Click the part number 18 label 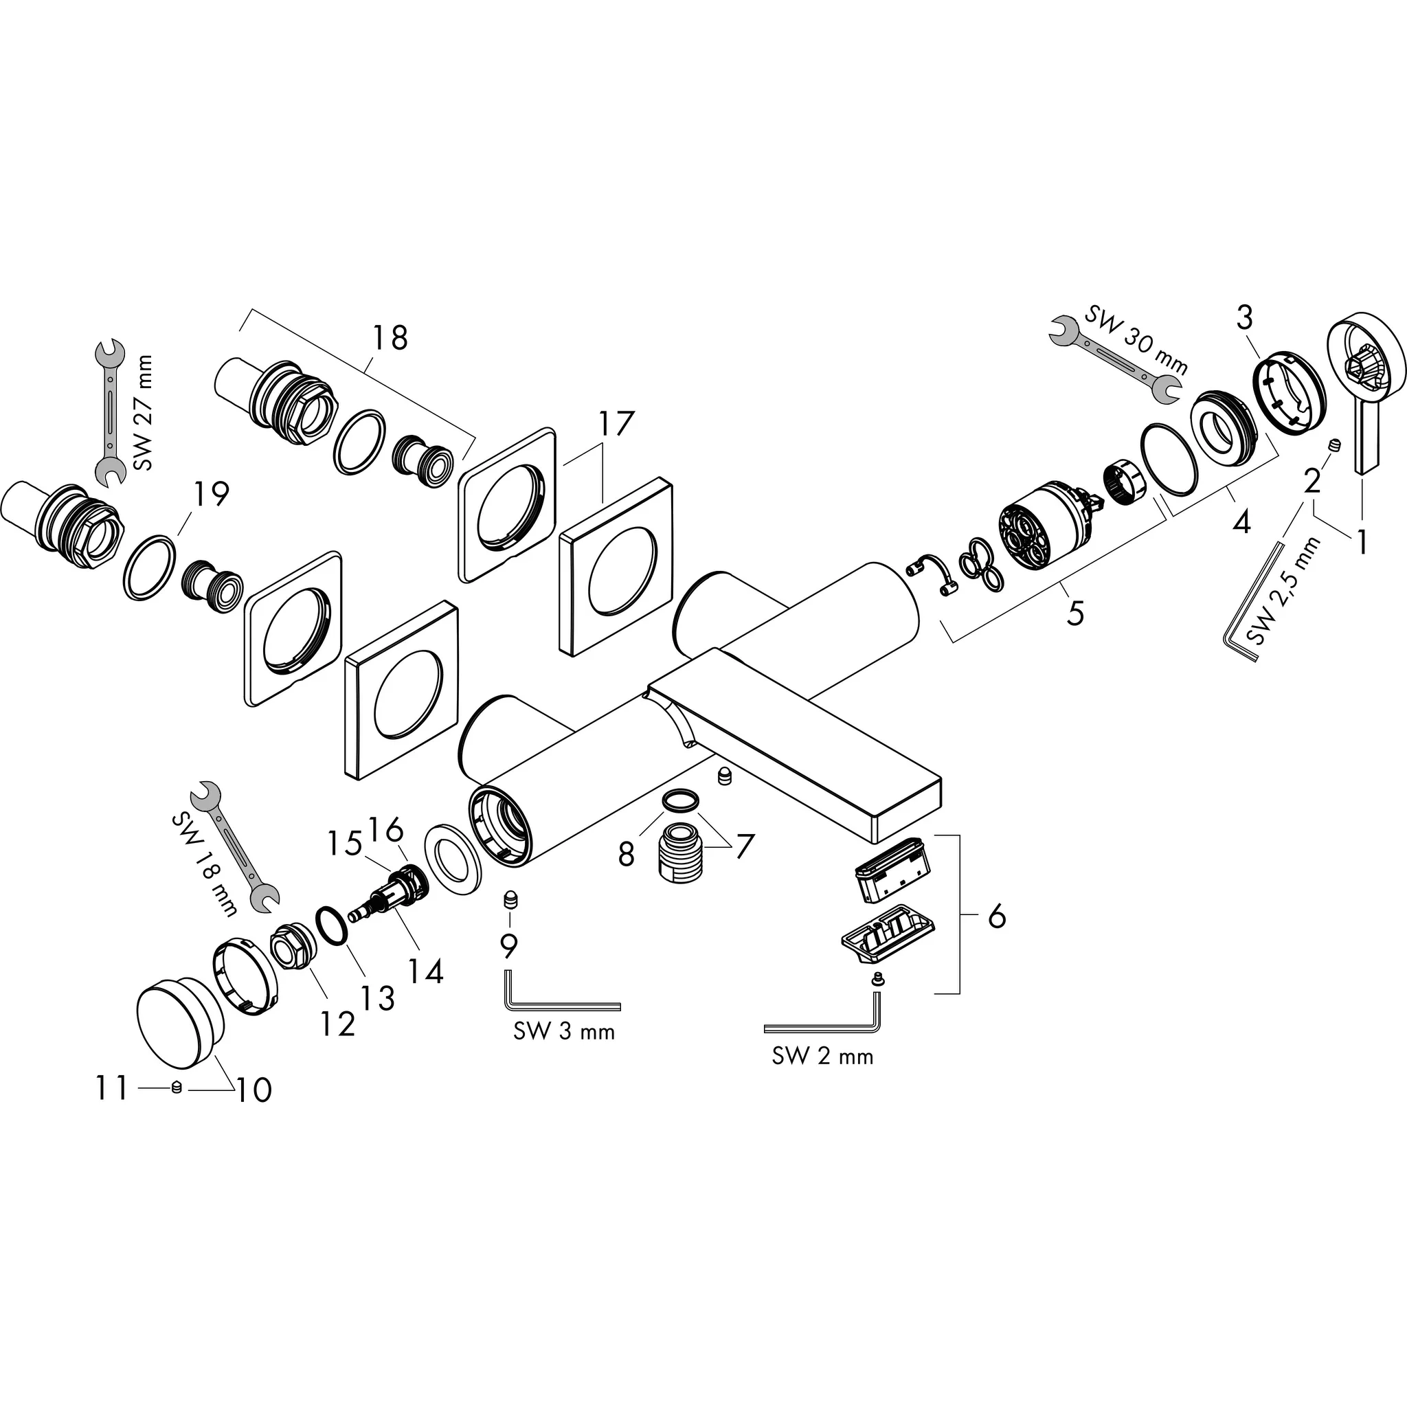coord(390,338)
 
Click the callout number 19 coord(210,494)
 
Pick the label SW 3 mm coord(563,1031)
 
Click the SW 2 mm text coord(822,1056)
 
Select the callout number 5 coord(1075,611)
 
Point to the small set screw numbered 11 coord(175,1088)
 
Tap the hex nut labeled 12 coord(292,949)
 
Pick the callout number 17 coord(616,424)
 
